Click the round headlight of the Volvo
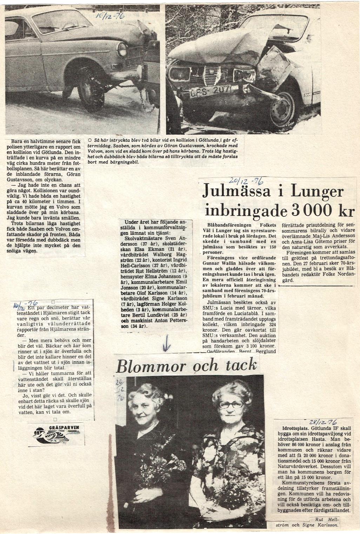pos(122,49)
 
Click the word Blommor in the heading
pos(151,366)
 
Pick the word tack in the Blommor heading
pos(241,365)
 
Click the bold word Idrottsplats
pos(296,428)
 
